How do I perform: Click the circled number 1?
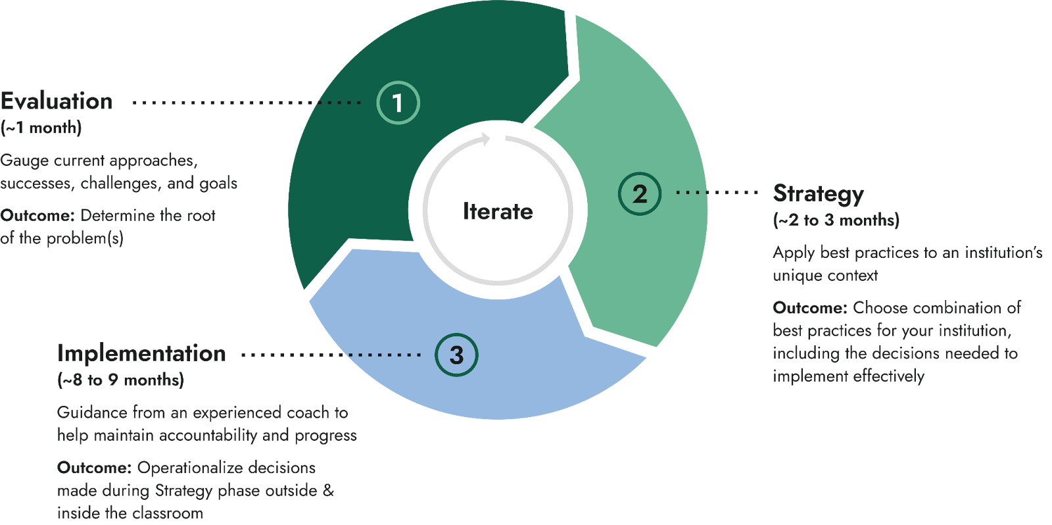[398, 103]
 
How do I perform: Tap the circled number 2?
[640, 193]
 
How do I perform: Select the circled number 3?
[456, 355]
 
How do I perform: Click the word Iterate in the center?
[498, 211]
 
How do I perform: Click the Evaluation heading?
[57, 101]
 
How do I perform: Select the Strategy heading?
[819, 193]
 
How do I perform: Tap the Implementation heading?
[141, 353]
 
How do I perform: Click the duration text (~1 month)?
[41, 128]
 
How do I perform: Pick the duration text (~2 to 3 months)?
[836, 220]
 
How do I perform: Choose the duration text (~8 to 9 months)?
[120, 380]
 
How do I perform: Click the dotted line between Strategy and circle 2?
[717, 193]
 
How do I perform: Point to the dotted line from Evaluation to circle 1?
[247, 103]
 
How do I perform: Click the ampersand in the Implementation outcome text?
[328, 491]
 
